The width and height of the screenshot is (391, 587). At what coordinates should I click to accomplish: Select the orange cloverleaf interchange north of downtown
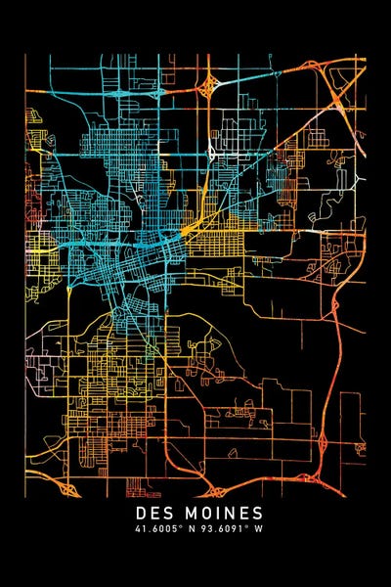coord(208,87)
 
